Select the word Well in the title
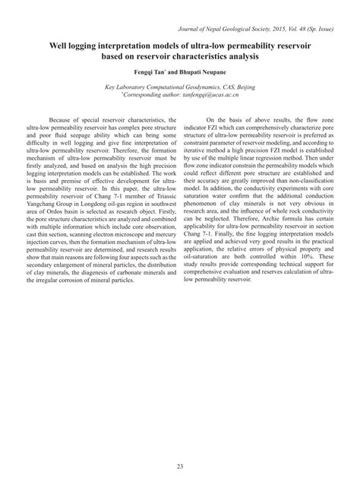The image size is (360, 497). coord(62,46)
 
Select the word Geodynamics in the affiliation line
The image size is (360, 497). coord(197,87)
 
